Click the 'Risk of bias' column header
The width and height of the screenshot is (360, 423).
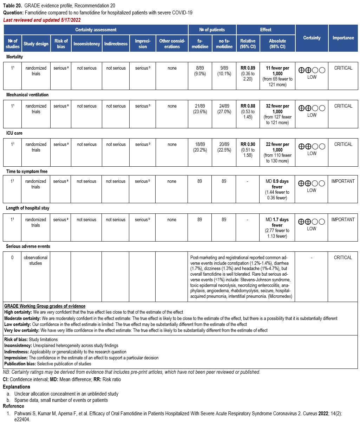click(x=61, y=44)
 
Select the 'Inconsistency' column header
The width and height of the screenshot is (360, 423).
click(x=87, y=44)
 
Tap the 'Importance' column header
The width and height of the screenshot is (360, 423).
click(x=343, y=38)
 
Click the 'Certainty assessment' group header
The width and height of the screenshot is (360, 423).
click(x=96, y=30)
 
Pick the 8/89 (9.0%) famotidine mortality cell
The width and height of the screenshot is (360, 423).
click(x=200, y=71)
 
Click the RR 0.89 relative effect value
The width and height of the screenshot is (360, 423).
click(x=248, y=68)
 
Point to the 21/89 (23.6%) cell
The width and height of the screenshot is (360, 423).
click(x=200, y=109)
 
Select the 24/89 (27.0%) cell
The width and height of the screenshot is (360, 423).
click(x=224, y=109)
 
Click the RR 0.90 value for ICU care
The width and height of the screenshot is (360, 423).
click(x=248, y=145)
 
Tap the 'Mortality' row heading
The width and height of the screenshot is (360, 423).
click(x=14, y=57)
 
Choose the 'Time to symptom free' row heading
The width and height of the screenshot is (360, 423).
click(x=27, y=172)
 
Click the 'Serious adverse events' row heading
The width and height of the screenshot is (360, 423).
click(x=28, y=246)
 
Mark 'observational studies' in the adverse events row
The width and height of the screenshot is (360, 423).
click(x=35, y=260)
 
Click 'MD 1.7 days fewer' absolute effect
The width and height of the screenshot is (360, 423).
click(x=277, y=222)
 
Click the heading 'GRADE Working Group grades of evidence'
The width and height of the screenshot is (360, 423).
click(x=45, y=306)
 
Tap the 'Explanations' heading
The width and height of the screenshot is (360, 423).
click(x=17, y=387)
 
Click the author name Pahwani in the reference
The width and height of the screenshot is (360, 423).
click(x=23, y=413)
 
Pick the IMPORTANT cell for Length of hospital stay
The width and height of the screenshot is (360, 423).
click(x=343, y=220)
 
